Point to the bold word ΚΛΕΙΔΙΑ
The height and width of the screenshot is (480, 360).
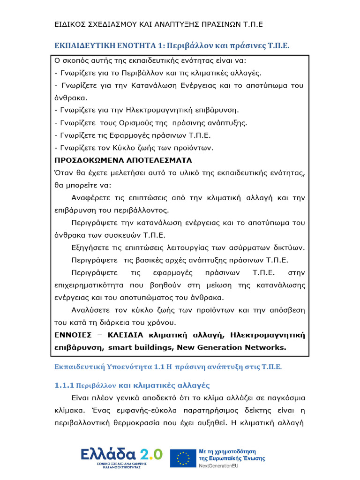point(126,335)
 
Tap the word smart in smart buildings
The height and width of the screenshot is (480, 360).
point(120,347)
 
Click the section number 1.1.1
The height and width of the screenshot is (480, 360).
point(61,386)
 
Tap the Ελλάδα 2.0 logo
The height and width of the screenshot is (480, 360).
point(121,454)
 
